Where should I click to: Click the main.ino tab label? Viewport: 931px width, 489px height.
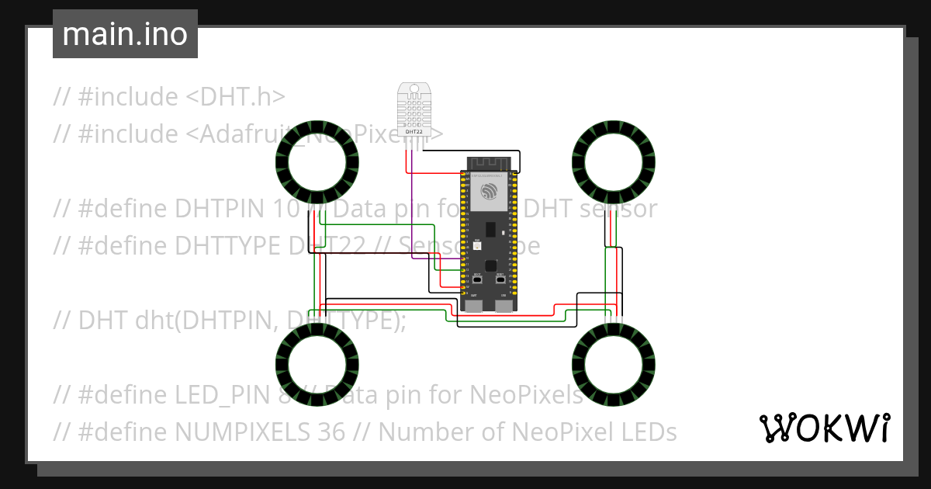pyautogui.click(x=125, y=35)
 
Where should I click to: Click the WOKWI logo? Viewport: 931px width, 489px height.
pyautogui.click(x=823, y=428)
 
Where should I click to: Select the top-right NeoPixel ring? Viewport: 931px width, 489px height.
pyautogui.click(x=614, y=161)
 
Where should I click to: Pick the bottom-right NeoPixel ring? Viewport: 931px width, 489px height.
pyautogui.click(x=614, y=364)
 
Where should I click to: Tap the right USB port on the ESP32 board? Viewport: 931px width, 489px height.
pyautogui.click(x=504, y=305)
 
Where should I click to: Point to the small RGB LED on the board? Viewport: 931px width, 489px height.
pyautogui.click(x=476, y=245)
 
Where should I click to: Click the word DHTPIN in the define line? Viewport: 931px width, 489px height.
pyautogui.click(x=219, y=209)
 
